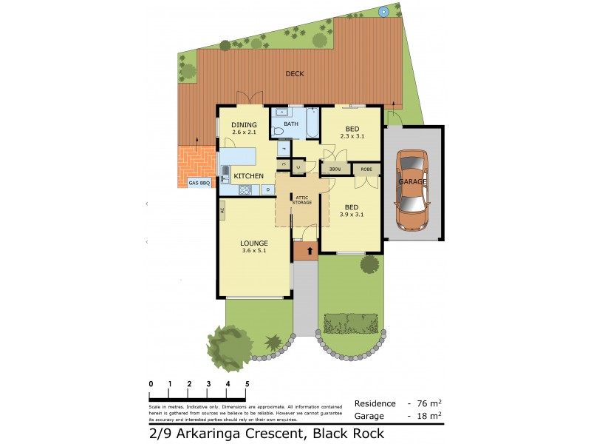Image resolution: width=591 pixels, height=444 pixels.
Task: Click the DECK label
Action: click(x=295, y=74)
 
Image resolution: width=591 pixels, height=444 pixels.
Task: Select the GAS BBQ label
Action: click(x=199, y=183)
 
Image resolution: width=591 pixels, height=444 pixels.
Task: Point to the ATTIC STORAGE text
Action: click(x=302, y=199)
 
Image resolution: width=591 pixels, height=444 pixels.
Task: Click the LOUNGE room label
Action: click(x=253, y=243)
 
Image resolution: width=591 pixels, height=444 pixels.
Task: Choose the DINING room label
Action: click(x=244, y=125)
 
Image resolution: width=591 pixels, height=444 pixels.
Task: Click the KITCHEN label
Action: click(x=249, y=175)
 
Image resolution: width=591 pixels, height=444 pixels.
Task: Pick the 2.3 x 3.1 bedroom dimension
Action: click(x=352, y=135)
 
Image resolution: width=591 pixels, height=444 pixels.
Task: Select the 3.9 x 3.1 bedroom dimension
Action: click(x=352, y=215)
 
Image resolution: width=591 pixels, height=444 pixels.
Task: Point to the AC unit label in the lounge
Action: click(x=222, y=210)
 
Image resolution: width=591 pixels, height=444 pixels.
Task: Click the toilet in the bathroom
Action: click(x=279, y=131)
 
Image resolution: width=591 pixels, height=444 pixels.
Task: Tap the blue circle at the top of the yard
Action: click(x=383, y=12)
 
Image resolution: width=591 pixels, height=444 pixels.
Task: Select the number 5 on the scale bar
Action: click(x=247, y=384)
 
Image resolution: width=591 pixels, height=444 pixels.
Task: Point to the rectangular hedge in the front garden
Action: click(x=352, y=323)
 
